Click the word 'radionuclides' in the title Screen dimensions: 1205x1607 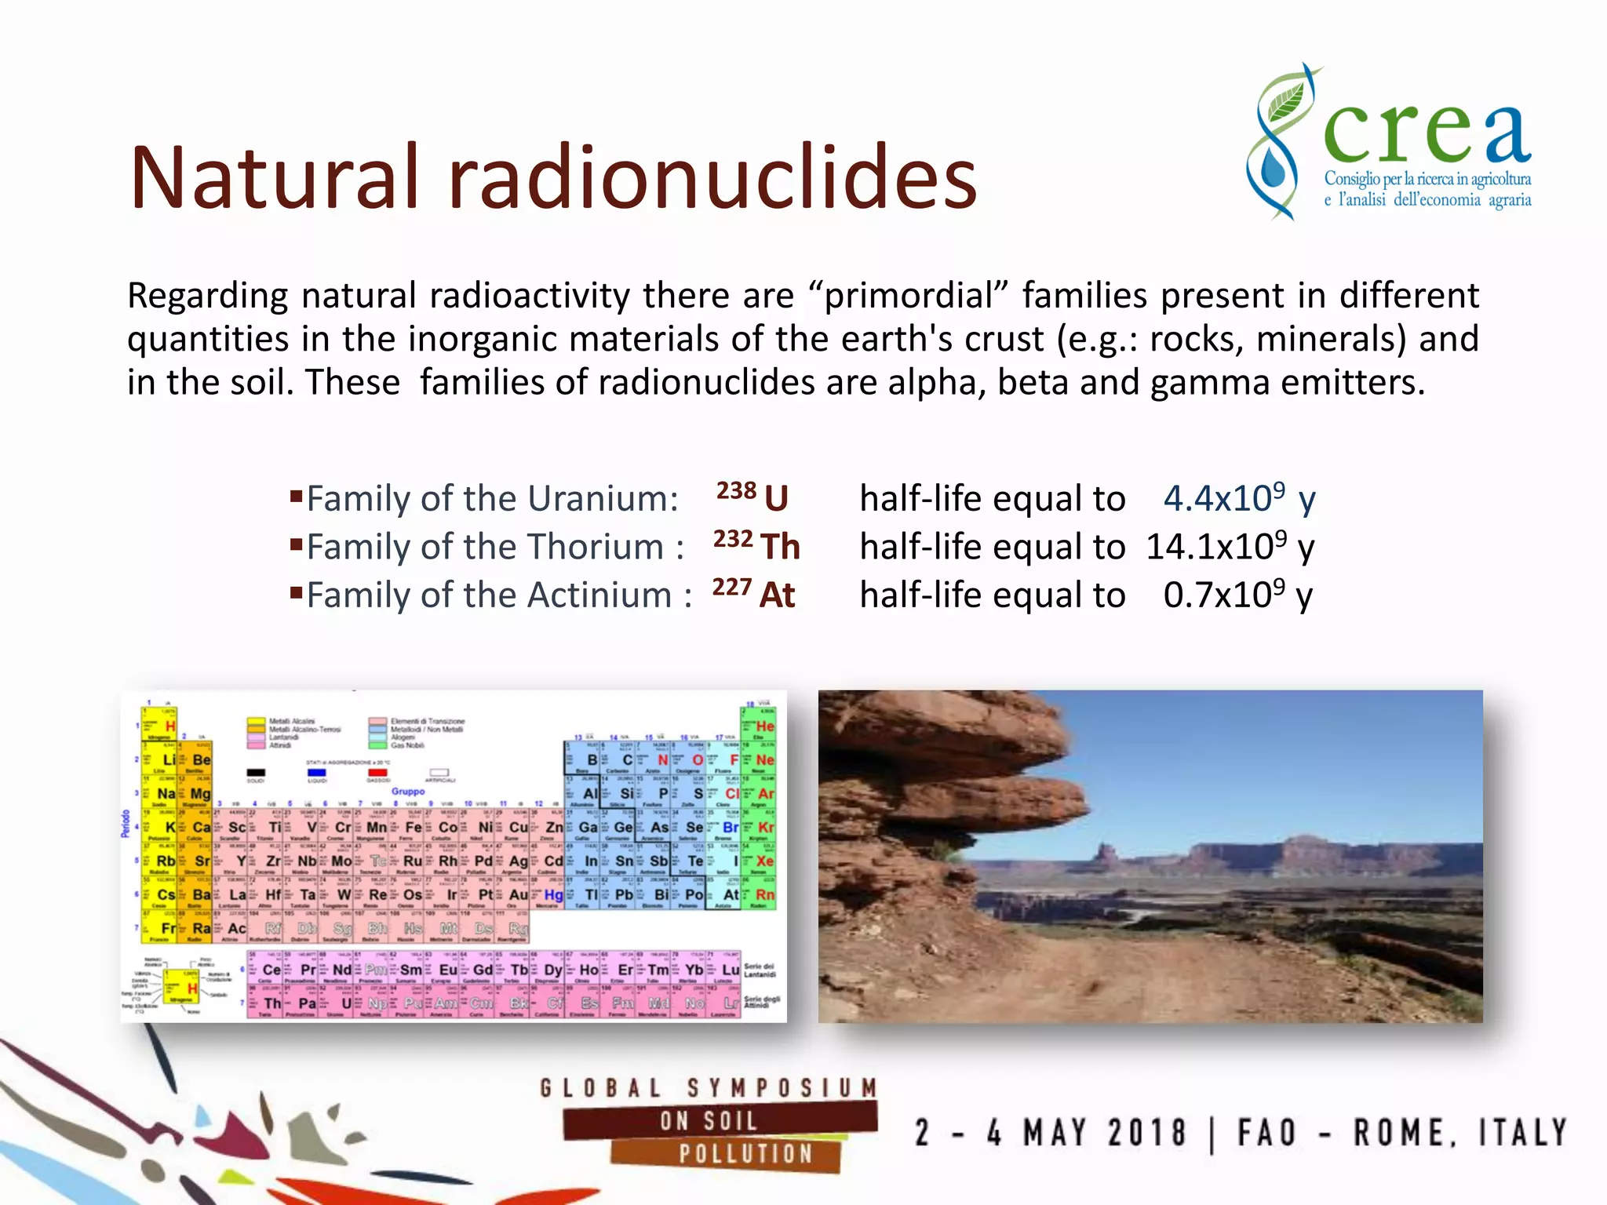pos(712,179)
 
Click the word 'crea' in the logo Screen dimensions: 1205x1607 pos(1427,133)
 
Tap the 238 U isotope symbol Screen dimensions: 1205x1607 pos(753,497)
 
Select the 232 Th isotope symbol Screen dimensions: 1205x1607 pos(756,545)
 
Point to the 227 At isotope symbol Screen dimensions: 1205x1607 pos(753,594)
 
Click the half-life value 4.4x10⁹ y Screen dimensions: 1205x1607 pos(1238,498)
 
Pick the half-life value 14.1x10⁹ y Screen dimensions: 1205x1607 pos(1230,546)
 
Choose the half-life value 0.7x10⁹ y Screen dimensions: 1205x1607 pos(1237,595)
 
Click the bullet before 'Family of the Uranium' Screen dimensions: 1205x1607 pos(296,496)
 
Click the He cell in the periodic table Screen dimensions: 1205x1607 pos(760,726)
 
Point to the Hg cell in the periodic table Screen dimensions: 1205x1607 pos(553,894)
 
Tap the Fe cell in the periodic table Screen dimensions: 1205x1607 pos(413,827)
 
